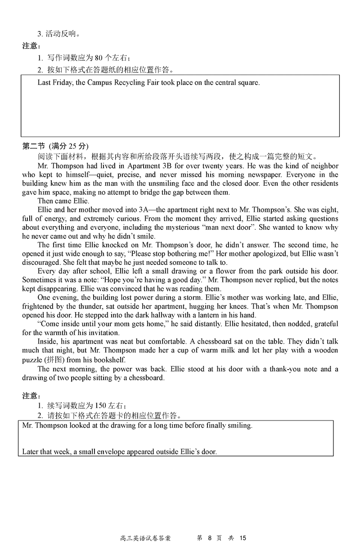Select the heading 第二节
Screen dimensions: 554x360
click(x=34, y=146)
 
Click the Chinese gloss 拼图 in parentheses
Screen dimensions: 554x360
click(x=59, y=360)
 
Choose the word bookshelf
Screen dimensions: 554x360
click(x=110, y=360)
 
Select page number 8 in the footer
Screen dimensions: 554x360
click(x=210, y=538)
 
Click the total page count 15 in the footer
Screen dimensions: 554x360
click(x=243, y=538)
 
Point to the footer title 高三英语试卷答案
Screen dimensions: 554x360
click(x=146, y=538)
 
